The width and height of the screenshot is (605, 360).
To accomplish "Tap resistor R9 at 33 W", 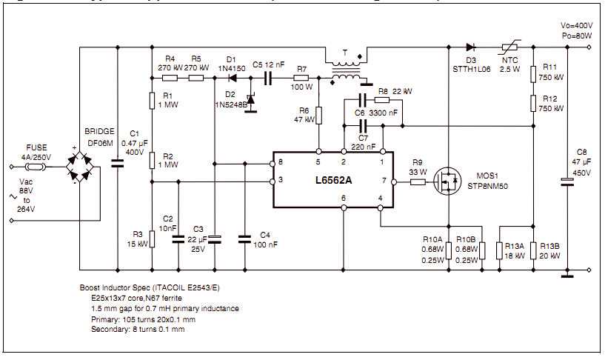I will click(418, 181).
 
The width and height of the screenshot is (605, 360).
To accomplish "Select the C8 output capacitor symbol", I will click(566, 180).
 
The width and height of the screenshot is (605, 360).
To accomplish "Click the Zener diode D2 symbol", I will click(250, 96).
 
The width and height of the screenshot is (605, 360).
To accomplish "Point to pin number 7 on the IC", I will click(383, 181).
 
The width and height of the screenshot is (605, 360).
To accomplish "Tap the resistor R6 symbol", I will click(318, 116).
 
